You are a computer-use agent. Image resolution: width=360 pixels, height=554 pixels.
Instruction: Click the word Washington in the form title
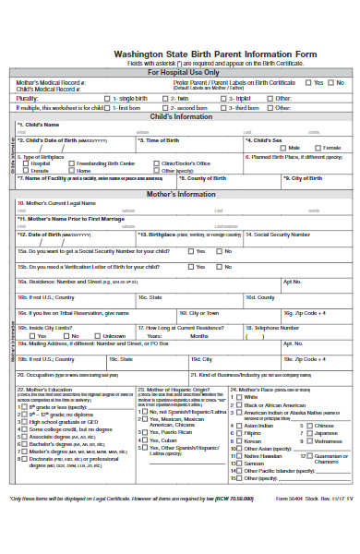[x=136, y=54]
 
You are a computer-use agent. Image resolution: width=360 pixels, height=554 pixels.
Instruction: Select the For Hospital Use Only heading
[x=185, y=71]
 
